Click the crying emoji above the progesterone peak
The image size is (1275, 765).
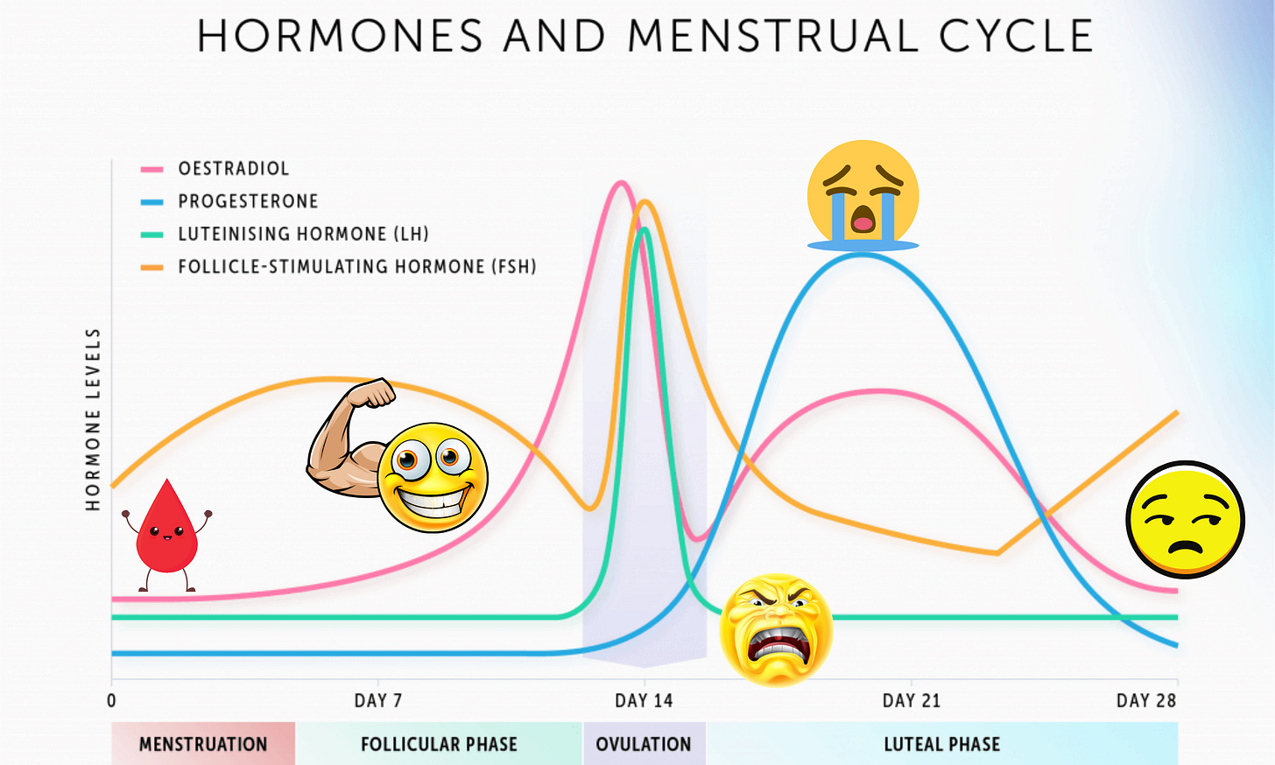(x=863, y=194)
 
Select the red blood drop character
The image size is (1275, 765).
(x=166, y=534)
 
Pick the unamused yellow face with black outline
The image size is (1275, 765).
(x=1185, y=520)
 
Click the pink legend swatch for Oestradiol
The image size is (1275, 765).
(x=152, y=169)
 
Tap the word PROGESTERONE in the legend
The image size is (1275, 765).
(x=248, y=201)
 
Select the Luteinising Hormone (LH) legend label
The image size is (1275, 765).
(x=303, y=234)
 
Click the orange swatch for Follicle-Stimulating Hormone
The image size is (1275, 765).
(x=152, y=267)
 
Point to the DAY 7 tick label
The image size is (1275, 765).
(x=377, y=700)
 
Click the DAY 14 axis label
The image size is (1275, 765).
(x=644, y=700)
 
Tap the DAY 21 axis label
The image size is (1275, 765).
(x=911, y=700)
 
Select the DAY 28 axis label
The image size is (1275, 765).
(x=1145, y=700)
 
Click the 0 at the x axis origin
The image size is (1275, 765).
(x=111, y=700)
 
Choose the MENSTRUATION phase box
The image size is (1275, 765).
(x=203, y=744)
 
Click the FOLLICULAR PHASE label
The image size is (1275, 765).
(x=439, y=744)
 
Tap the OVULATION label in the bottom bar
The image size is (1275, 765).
(x=644, y=744)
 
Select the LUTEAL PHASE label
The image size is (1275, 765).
(x=941, y=744)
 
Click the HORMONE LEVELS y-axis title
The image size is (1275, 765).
(x=93, y=420)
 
